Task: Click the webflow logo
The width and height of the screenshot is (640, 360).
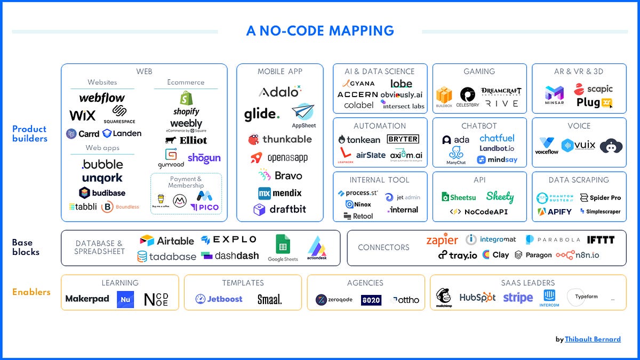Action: pyautogui.click(x=102, y=98)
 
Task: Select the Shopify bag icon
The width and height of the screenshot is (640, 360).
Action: pyautogui.click(x=186, y=98)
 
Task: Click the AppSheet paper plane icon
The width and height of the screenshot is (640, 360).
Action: pyautogui.click(x=303, y=113)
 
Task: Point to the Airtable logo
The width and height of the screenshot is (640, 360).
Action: pyautogui.click(x=166, y=241)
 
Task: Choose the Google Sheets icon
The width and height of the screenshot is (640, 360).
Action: pyautogui.click(x=283, y=245)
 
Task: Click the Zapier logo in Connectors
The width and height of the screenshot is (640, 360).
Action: pyautogui.click(x=442, y=240)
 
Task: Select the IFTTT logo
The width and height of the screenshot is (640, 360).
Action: pyautogui.click(x=601, y=240)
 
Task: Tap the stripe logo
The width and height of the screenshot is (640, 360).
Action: pyautogui.click(x=518, y=298)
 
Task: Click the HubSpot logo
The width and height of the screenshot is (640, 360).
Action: pyautogui.click(x=477, y=298)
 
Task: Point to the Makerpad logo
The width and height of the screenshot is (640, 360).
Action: pyautogui.click(x=87, y=299)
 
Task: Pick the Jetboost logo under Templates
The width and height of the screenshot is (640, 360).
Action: pyautogui.click(x=219, y=299)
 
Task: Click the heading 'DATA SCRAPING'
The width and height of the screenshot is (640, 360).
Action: pyautogui.click(x=579, y=180)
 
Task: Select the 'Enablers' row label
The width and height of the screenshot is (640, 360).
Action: pyautogui.click(x=31, y=292)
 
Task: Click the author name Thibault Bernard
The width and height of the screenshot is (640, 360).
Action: pyautogui.click(x=593, y=339)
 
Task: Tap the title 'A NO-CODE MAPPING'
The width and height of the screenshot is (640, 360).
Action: pyautogui.click(x=320, y=31)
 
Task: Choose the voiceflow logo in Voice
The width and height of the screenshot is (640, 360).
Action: pyautogui.click(x=546, y=146)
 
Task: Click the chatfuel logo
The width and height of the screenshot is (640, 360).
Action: pyautogui.click(x=497, y=138)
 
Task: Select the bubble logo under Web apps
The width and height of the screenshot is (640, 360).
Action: pyautogui.click(x=102, y=164)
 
